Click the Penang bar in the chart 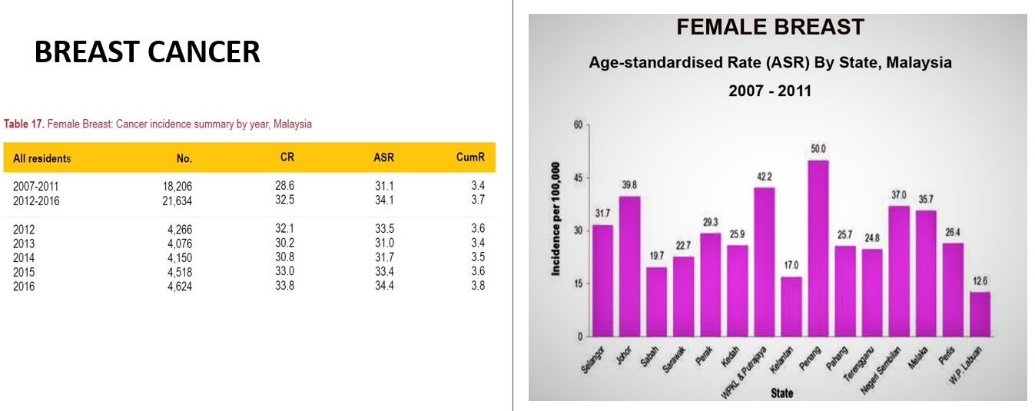click(818, 248)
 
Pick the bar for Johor click(629, 266)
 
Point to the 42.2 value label click(765, 177)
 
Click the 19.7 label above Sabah click(656, 256)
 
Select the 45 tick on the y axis click(579, 177)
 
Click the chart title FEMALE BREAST click(770, 28)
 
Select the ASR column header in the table click(383, 157)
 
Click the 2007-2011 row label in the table click(35, 186)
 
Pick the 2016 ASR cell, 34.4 click(383, 287)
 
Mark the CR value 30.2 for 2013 click(284, 244)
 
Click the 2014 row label click(24, 258)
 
